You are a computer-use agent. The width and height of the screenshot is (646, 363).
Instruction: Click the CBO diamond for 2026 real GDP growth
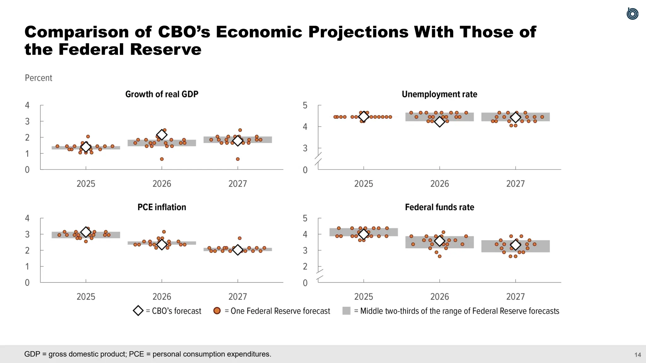162,135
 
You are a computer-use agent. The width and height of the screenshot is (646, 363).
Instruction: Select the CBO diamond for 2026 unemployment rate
439,122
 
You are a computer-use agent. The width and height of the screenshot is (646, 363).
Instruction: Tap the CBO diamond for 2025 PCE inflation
86,232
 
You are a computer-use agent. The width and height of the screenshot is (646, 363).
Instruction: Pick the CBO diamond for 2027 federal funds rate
515,245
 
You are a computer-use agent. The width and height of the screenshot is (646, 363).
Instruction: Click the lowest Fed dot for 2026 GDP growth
162,159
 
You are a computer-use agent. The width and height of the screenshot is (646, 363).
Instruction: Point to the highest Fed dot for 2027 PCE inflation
239,238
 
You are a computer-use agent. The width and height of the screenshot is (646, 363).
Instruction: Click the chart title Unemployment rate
439,94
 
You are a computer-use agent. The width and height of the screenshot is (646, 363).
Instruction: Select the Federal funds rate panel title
439,207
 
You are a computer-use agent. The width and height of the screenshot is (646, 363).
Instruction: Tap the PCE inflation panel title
161,207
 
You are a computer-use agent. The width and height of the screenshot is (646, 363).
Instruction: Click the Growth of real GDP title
161,94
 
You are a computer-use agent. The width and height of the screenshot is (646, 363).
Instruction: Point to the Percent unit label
38,78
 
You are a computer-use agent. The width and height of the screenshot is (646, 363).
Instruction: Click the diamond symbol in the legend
138,311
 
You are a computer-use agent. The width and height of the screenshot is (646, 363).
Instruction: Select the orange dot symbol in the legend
217,311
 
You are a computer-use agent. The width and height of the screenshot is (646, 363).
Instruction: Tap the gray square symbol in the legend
346,311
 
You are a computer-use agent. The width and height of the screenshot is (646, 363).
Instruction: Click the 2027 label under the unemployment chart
515,184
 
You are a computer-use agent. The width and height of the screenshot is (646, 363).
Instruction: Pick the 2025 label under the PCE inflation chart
86,297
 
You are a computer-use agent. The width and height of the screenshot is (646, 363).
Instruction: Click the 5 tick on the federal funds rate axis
305,218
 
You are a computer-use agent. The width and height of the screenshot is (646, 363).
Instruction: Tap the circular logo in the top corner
632,14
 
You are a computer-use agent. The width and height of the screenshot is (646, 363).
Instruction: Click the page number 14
637,355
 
